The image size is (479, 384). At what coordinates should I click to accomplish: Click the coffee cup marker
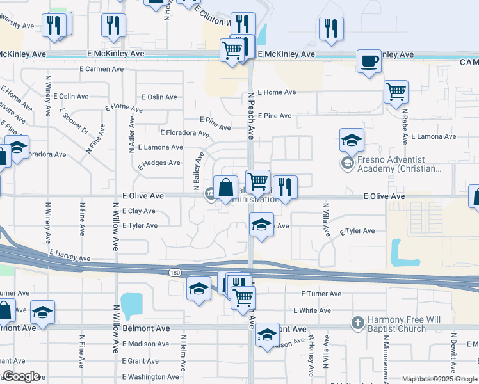tap(368, 61)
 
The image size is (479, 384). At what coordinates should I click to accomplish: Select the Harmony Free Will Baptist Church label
tap(396, 324)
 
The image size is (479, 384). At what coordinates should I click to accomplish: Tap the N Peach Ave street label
tap(252, 115)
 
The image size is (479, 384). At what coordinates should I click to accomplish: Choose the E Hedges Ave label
tap(159, 163)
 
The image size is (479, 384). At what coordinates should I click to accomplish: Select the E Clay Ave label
tap(138, 211)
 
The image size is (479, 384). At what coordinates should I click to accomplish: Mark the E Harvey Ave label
tap(69, 256)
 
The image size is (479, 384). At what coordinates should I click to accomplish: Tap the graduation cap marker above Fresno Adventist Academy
tap(351, 140)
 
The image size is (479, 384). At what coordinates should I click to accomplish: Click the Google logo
tap(21, 376)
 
